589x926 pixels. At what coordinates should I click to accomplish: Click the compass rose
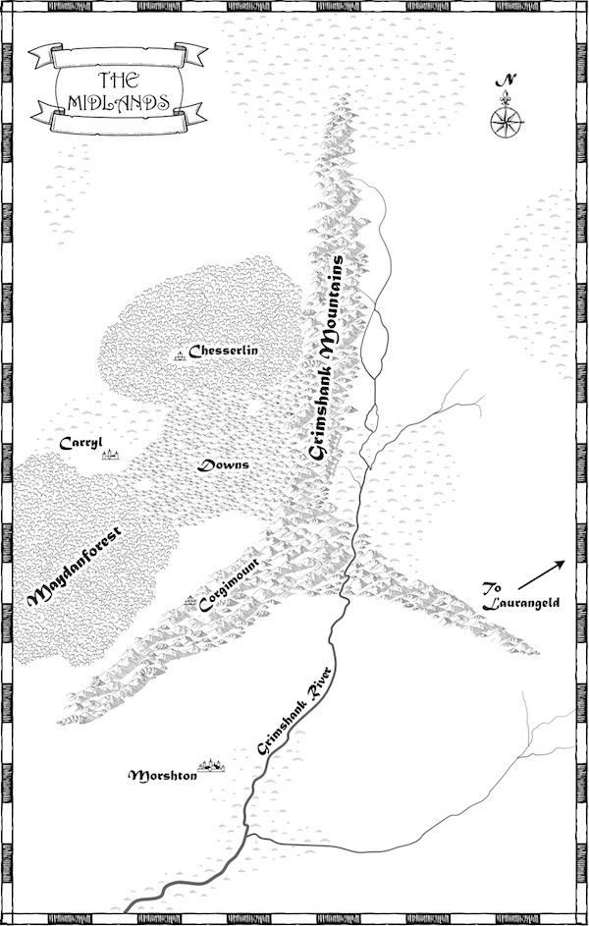point(505,121)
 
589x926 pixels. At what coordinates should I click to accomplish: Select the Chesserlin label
point(223,351)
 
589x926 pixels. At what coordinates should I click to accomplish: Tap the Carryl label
point(80,443)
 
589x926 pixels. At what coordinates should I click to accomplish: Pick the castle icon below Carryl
point(110,456)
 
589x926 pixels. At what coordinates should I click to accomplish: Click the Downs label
point(224,464)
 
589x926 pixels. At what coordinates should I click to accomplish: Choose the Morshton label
point(164,776)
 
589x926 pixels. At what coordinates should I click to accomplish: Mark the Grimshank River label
point(295,709)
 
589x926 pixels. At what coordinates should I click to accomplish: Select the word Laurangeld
point(519,604)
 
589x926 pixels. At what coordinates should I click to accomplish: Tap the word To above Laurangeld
point(493,588)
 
